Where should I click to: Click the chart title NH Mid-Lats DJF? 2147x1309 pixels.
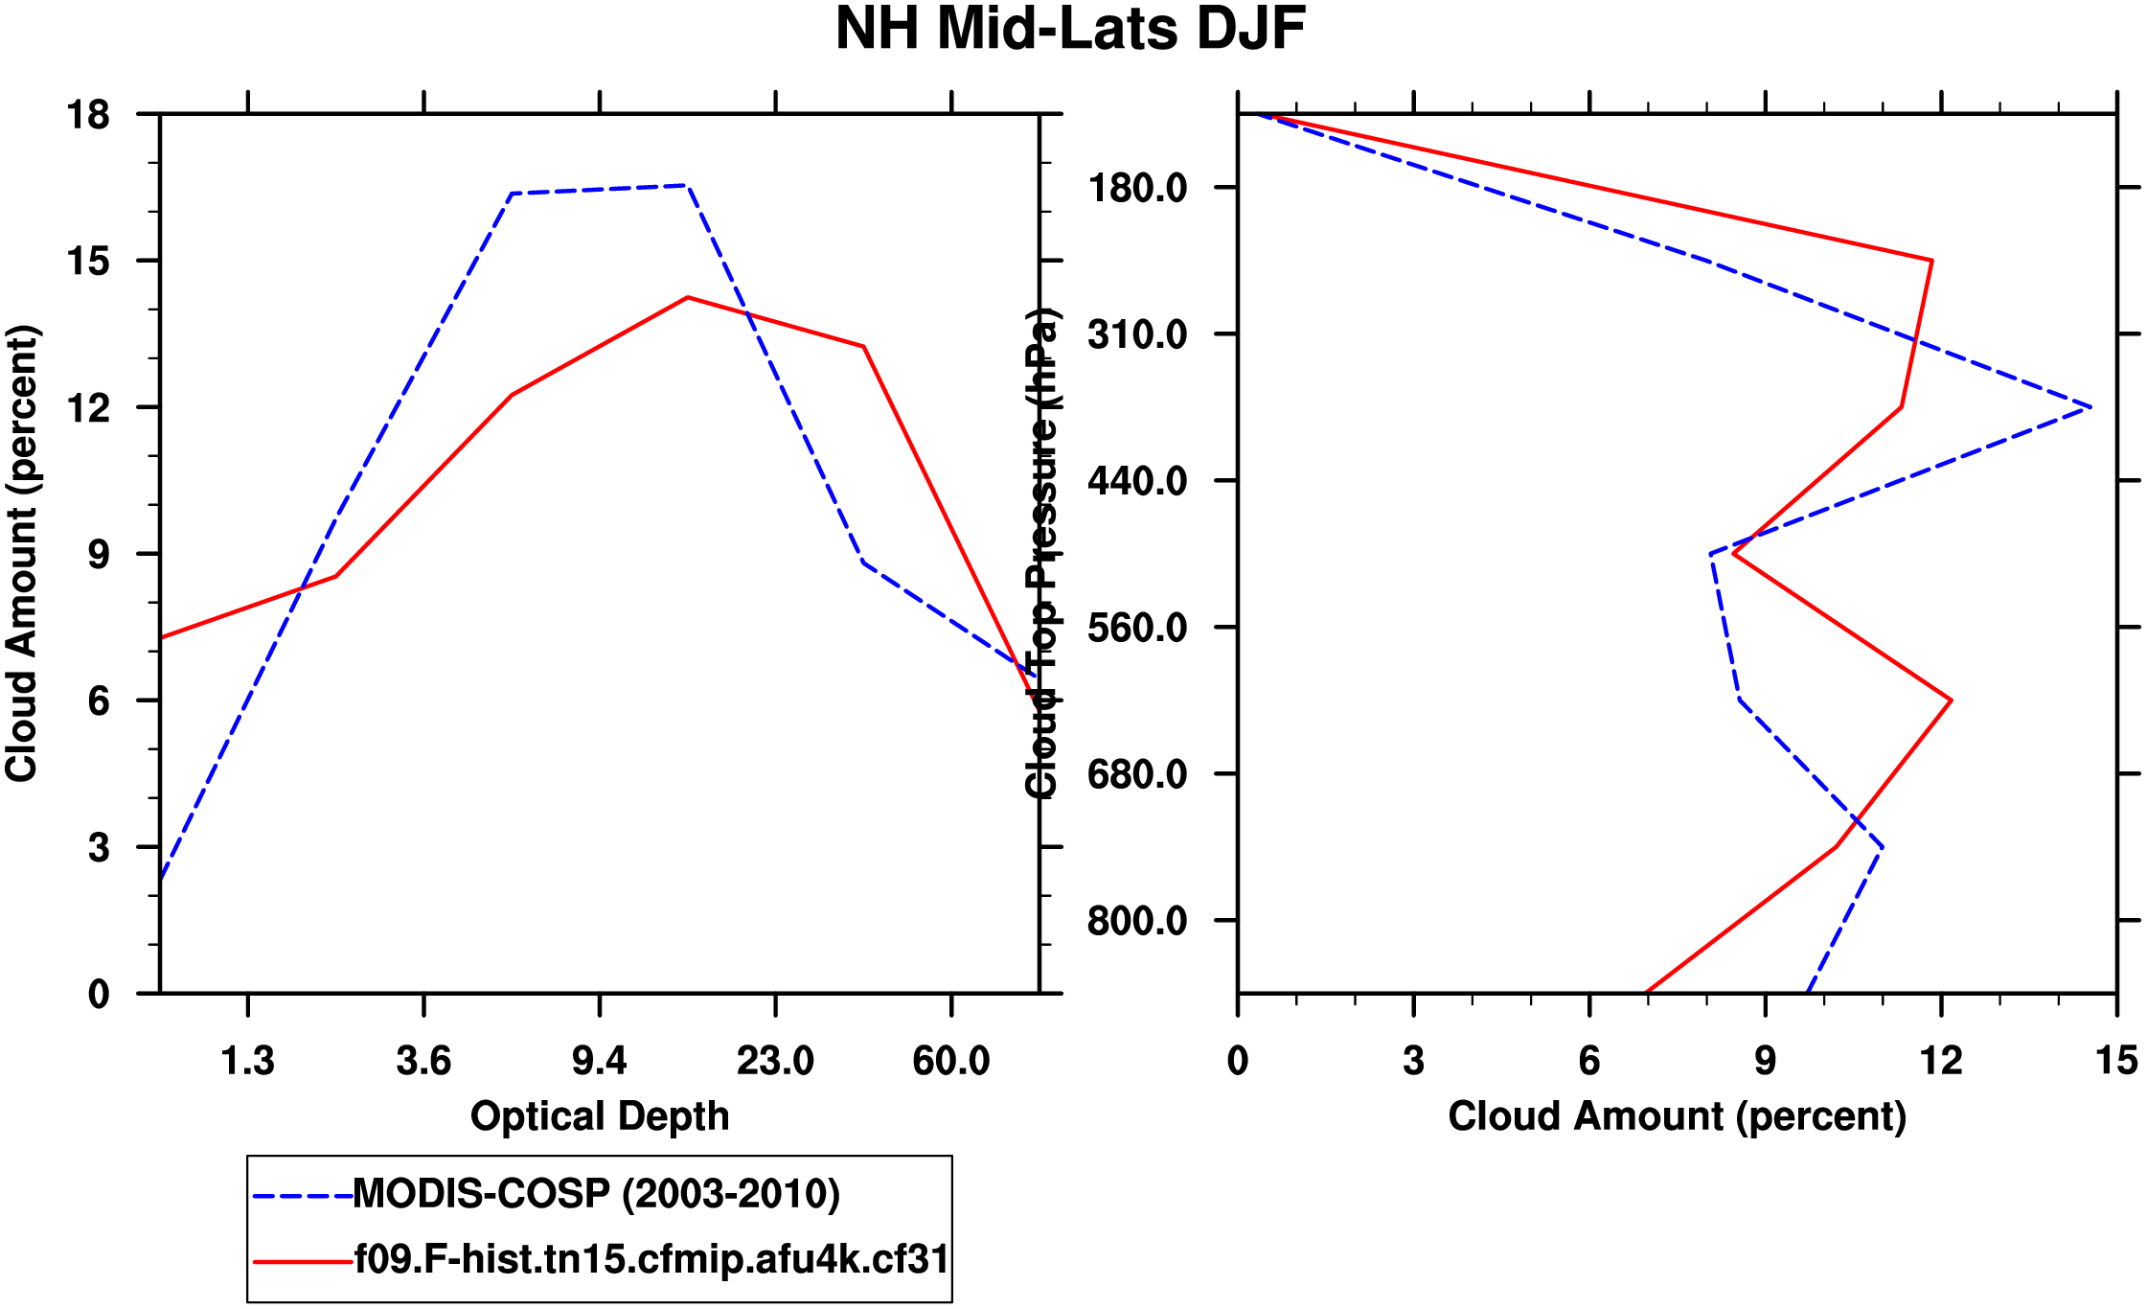click(1070, 30)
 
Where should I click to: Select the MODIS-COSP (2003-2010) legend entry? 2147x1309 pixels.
click(596, 1194)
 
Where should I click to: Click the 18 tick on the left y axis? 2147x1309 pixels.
click(88, 116)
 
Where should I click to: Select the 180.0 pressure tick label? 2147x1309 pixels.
click(1137, 188)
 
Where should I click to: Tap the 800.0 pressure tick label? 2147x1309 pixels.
click(1137, 921)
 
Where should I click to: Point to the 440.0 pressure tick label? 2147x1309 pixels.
click(1137, 481)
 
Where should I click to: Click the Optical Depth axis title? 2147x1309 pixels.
click(600, 1116)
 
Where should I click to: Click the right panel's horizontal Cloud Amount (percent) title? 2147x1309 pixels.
click(1677, 1116)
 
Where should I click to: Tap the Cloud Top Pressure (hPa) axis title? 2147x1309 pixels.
click(1042, 554)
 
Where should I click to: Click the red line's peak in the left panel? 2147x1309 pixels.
click(688, 298)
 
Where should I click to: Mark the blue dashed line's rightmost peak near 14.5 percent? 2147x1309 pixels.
click(2090, 408)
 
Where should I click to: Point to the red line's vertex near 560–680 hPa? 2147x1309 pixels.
click(1951, 700)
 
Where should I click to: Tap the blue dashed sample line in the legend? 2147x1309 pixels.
click(302, 1196)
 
